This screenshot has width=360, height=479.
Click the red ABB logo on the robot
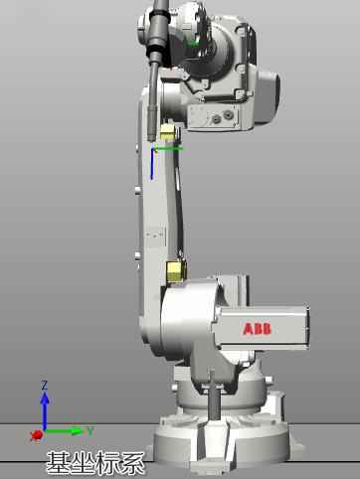point(257,329)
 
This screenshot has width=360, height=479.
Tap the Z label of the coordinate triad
point(45,385)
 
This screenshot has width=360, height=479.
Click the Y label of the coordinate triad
point(90,430)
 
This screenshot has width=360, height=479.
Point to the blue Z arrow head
point(45,398)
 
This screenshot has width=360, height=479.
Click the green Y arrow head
point(78,431)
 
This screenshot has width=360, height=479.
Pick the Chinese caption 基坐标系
point(95,463)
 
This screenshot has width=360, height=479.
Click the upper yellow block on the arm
point(167,132)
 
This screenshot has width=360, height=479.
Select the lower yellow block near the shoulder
point(176,271)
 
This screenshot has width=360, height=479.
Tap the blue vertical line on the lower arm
point(152,165)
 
